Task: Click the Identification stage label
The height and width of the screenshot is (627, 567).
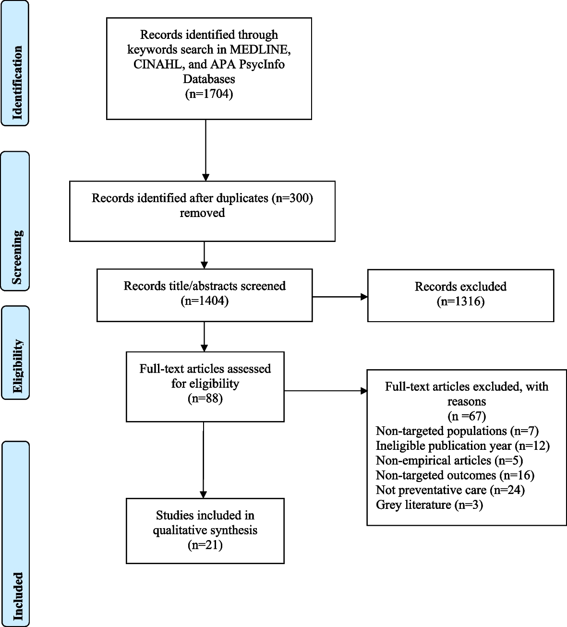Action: (17, 83)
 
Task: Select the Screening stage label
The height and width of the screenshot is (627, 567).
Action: (17, 257)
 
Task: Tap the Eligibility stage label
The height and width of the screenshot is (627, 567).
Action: (17, 366)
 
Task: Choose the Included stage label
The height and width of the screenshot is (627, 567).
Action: (18, 596)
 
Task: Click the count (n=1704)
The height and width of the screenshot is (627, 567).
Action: (209, 94)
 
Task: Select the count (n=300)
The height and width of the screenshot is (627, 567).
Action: (292, 198)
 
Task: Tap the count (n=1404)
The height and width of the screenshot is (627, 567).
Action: (205, 301)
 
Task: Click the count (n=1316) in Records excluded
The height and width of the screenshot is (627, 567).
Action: (461, 301)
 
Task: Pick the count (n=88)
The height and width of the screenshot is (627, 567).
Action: (205, 398)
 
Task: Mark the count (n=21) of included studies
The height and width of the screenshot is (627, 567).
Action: (205, 545)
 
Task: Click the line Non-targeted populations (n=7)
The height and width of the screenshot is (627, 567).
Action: (457, 431)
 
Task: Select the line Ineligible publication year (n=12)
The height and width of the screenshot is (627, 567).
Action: (463, 446)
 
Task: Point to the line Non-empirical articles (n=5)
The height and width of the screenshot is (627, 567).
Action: (449, 460)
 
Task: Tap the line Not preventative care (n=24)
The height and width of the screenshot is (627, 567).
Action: (450, 490)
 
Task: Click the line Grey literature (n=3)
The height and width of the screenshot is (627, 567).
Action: (429, 505)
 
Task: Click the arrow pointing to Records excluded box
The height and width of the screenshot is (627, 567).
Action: (340, 297)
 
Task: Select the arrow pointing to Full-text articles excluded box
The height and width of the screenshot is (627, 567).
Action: (326, 391)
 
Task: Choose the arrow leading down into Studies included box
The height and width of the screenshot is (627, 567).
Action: (204, 460)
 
